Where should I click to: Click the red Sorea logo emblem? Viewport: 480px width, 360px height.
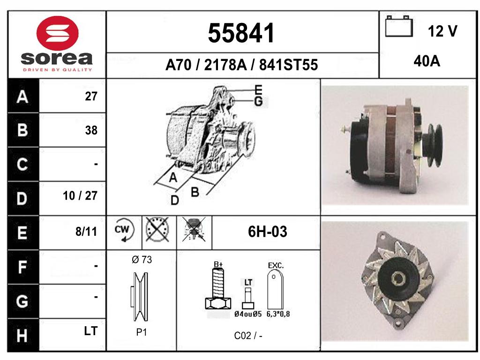click(57, 33)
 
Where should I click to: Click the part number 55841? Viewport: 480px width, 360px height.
click(241, 33)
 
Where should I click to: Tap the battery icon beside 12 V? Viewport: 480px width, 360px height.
click(398, 26)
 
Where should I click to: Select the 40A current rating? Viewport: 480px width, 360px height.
click(427, 61)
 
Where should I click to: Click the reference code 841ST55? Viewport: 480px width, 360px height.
click(288, 65)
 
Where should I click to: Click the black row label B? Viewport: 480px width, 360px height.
click(22, 130)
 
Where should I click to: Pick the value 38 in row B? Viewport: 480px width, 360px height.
click(91, 130)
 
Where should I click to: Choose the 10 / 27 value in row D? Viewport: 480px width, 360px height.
click(80, 195)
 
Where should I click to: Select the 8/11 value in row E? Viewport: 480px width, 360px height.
click(86, 232)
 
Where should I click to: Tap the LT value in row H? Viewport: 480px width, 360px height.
click(90, 331)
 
